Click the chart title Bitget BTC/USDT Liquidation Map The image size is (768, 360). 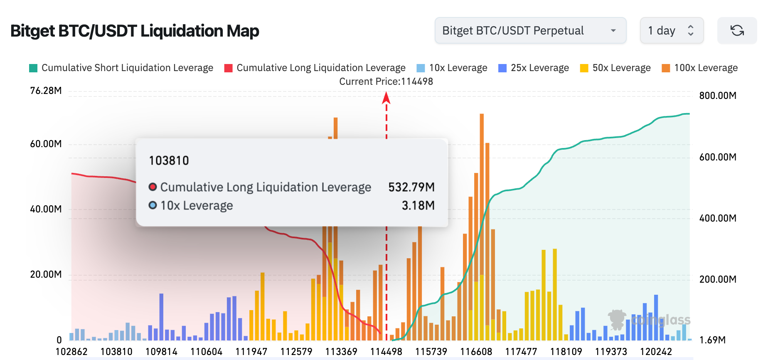135,31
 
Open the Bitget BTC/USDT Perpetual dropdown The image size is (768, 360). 530,30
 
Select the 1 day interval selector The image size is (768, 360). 671,30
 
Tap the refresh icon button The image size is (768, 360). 737,30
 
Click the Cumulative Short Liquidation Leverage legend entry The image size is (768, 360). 121,68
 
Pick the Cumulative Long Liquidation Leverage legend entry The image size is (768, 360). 315,68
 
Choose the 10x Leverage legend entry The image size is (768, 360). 452,68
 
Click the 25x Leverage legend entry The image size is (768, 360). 534,68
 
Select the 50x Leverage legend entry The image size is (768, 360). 615,68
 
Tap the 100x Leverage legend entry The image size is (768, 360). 700,68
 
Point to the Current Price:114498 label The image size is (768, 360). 386,81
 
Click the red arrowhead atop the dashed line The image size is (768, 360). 386,98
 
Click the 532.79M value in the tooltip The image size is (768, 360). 411,187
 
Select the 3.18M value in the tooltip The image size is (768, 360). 418,205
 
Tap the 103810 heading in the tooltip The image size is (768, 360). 169,160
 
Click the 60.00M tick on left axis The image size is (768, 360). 46,144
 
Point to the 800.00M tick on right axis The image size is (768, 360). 718,96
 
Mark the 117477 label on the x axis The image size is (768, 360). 521,352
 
